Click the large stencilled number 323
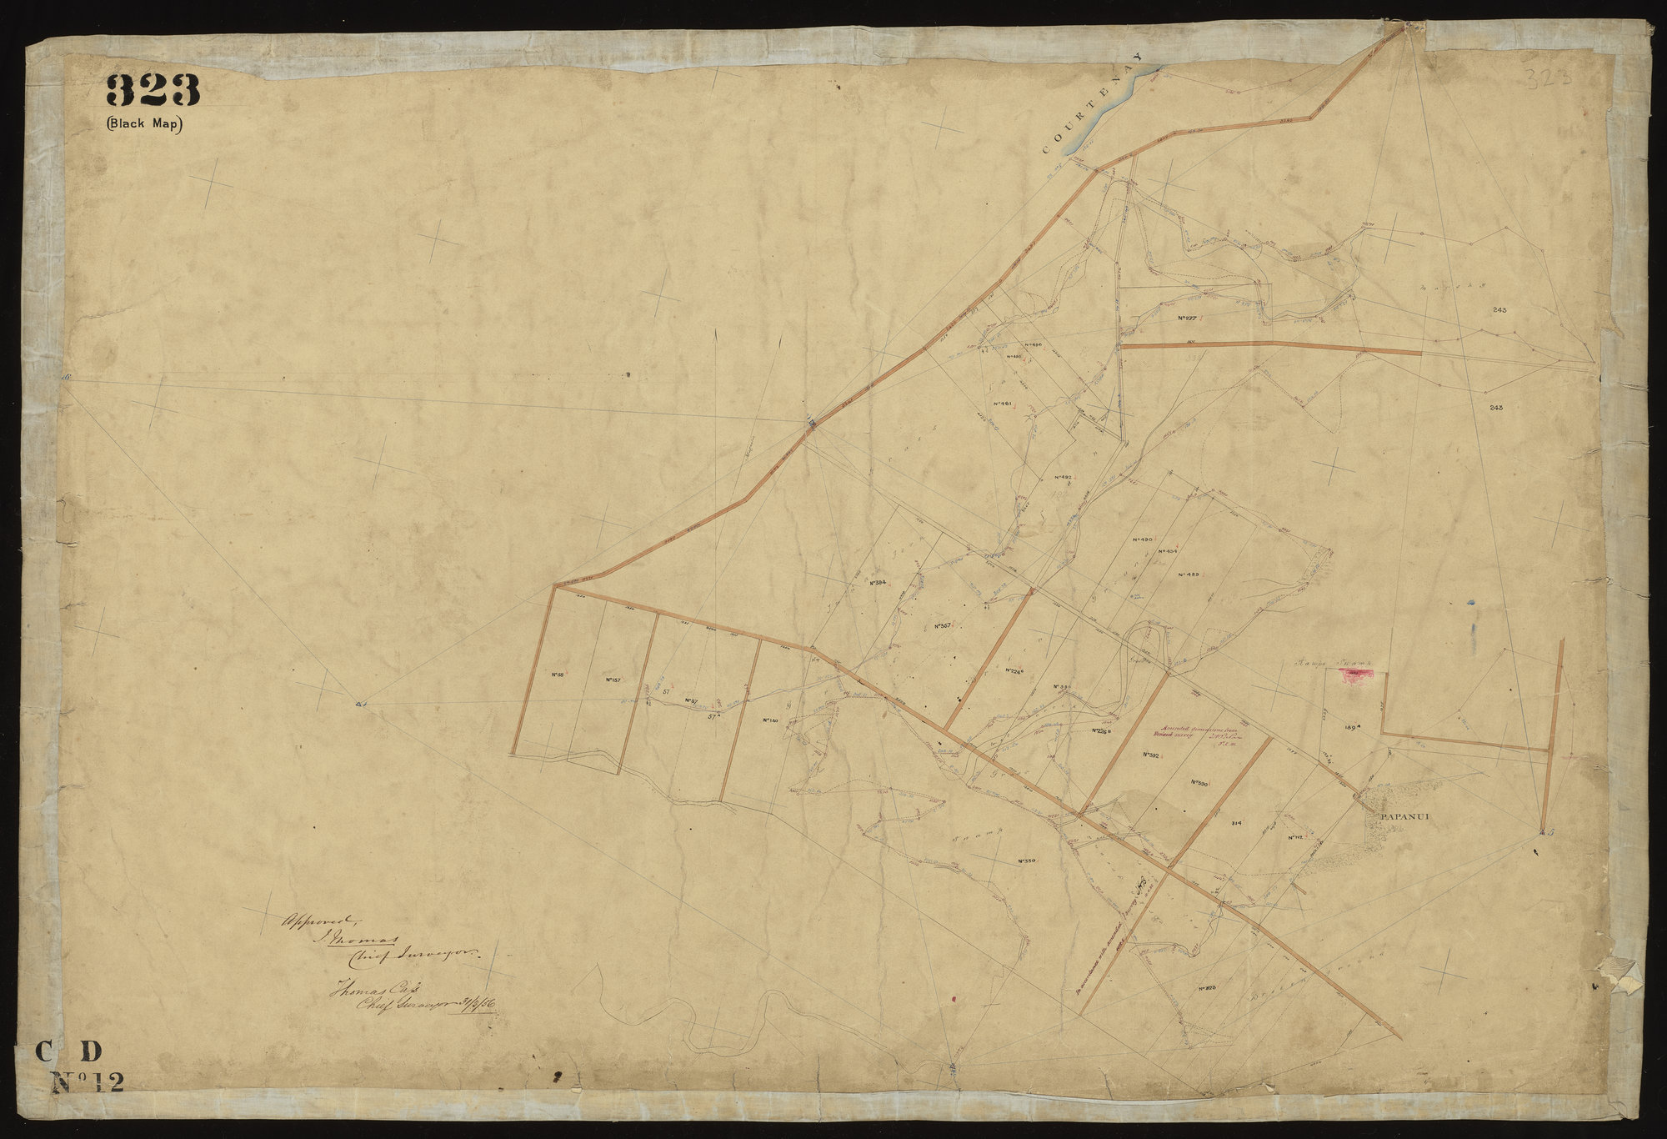click(153, 90)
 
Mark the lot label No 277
click(1188, 319)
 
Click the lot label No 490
click(1142, 540)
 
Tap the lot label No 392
click(1149, 754)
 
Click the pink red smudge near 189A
click(1359, 675)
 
